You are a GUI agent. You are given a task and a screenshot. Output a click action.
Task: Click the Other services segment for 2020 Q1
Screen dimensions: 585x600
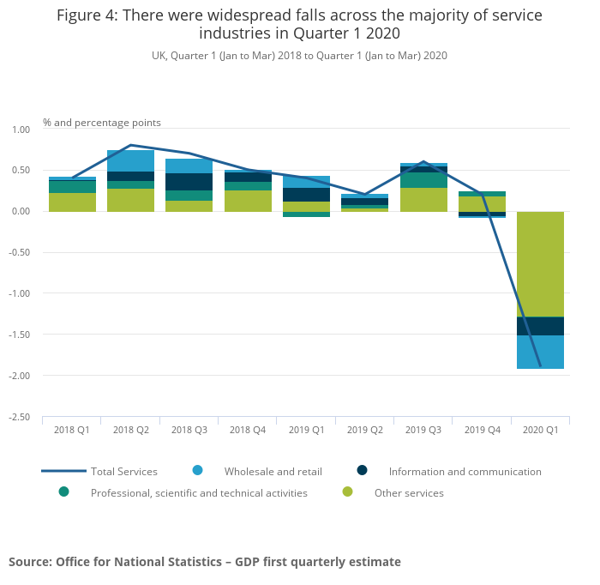coord(540,264)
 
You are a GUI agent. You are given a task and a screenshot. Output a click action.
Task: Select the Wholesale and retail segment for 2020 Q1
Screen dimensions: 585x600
coord(540,352)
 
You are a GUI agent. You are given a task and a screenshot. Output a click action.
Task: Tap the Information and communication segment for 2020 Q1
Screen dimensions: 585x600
coord(540,326)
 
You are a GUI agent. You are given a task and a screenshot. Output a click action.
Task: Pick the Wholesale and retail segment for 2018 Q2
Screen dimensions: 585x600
coord(130,160)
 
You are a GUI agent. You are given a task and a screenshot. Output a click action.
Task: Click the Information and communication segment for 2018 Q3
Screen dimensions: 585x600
coord(189,182)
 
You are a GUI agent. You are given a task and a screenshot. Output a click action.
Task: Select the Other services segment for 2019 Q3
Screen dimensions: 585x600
coord(423,199)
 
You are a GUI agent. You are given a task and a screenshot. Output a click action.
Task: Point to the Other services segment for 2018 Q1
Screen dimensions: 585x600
coord(72,202)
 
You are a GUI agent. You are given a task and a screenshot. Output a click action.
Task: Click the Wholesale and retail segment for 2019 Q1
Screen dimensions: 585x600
coord(306,182)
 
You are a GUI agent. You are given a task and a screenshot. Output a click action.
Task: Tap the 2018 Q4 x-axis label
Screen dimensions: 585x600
coord(247,430)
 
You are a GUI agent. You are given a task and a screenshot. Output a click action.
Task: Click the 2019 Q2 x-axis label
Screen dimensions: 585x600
coord(364,430)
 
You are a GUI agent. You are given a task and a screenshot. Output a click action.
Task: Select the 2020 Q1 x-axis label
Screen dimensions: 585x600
coord(540,430)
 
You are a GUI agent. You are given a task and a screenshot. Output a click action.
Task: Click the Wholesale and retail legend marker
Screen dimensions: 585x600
coord(197,470)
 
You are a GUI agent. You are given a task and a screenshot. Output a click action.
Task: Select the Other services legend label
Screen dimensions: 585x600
coord(409,493)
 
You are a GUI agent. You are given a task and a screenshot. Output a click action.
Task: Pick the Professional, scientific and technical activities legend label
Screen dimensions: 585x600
coord(199,493)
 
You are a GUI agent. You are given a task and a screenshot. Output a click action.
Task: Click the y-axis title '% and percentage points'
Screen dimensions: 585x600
coord(102,123)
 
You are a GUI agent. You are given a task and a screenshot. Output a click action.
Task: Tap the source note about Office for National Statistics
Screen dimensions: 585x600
coord(205,562)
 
